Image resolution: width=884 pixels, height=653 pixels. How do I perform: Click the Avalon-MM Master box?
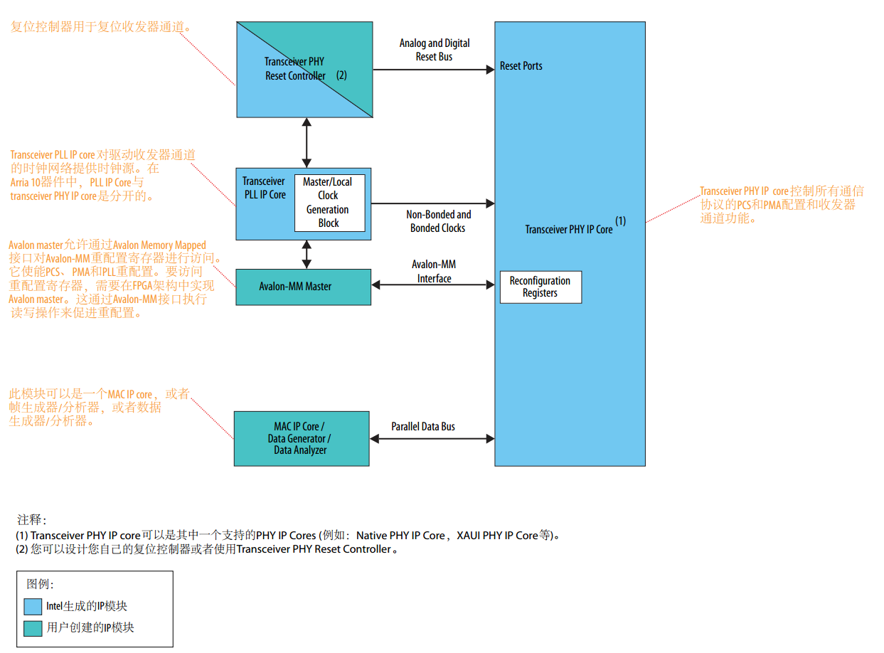(x=302, y=287)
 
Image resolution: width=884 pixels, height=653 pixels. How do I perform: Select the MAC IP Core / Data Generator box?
(x=301, y=438)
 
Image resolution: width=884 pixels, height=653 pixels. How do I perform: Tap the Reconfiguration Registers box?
(x=540, y=287)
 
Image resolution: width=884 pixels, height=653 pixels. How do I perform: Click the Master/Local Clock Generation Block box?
(x=329, y=203)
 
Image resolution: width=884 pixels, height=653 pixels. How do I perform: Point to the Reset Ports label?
(x=521, y=66)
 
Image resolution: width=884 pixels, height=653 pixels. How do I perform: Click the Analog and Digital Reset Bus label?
(x=434, y=50)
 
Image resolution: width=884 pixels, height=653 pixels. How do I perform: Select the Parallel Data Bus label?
(x=422, y=427)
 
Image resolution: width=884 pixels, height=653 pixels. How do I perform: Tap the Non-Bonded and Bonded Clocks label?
(x=438, y=221)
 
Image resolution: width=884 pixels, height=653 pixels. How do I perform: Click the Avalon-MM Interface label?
(x=434, y=272)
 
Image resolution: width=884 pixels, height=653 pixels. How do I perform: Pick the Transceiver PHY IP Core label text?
(x=568, y=230)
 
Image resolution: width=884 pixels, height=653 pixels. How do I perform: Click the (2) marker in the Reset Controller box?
(x=341, y=75)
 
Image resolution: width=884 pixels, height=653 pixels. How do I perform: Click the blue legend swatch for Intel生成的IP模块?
(x=33, y=607)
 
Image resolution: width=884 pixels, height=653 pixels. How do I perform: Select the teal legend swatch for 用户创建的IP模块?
(x=33, y=628)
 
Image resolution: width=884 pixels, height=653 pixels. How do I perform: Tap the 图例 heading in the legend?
(x=40, y=585)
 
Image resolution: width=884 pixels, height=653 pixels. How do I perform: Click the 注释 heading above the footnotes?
(x=31, y=521)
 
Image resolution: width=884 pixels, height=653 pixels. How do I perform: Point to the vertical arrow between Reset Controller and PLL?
(x=307, y=142)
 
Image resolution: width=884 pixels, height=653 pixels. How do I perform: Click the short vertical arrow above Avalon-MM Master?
(x=307, y=254)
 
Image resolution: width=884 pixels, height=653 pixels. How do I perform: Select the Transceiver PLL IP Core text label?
(x=264, y=188)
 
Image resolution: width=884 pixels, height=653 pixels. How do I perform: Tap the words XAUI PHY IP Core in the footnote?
(x=496, y=536)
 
